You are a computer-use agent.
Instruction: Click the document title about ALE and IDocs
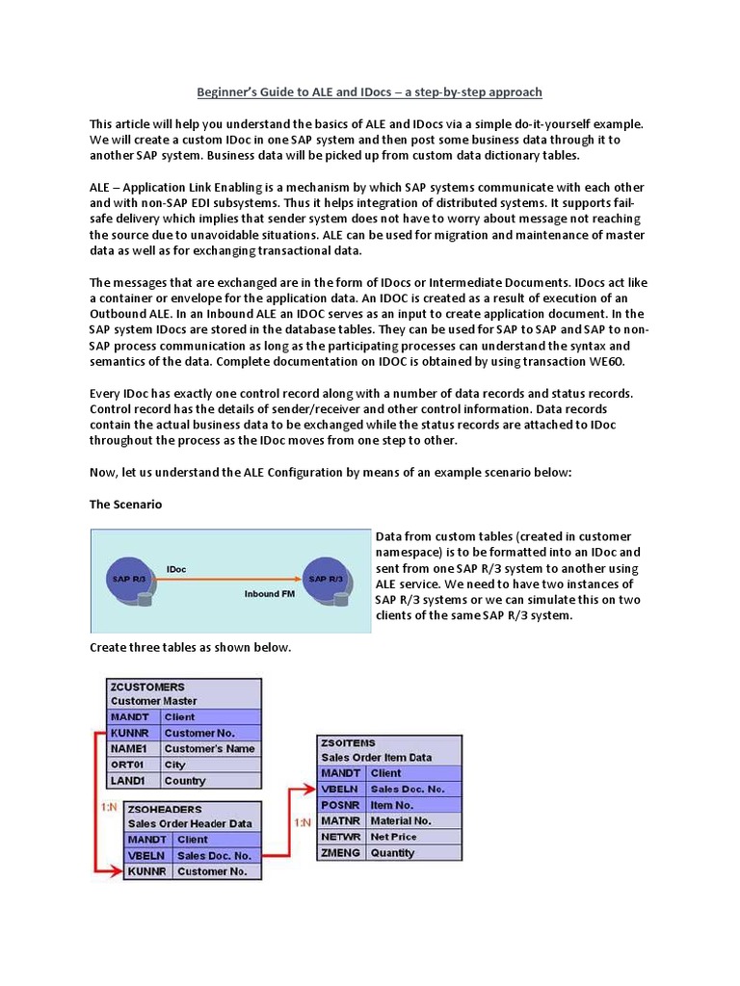tap(369, 92)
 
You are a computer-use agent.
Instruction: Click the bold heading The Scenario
tap(125, 504)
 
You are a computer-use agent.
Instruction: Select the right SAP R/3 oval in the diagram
tap(326, 579)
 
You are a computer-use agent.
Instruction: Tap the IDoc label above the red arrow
tap(177, 569)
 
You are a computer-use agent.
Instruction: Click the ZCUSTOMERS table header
tap(147, 687)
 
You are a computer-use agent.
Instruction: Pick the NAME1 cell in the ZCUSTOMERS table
tap(133, 748)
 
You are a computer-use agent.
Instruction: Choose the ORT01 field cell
tap(133, 765)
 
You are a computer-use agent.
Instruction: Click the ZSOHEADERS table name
tap(169, 809)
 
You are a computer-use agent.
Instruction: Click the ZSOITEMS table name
tap(350, 744)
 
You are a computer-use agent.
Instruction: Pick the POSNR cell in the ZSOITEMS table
tap(341, 805)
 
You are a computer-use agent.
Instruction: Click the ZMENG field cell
tap(341, 853)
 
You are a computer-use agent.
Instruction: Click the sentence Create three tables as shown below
tap(190, 647)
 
